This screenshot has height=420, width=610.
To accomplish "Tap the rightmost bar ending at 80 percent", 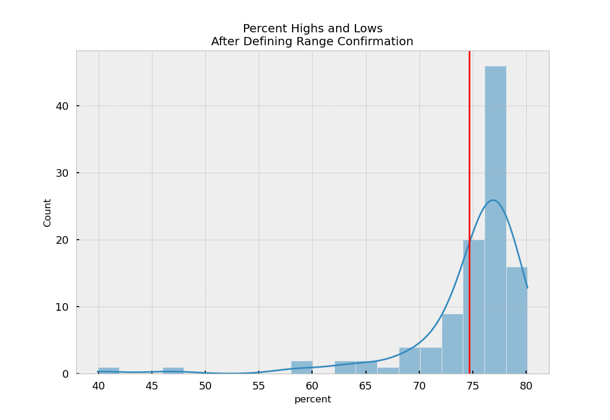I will [x=517, y=320].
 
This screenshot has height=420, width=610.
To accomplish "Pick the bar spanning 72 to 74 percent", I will [x=452, y=344].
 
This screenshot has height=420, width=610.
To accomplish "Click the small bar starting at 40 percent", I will [x=109, y=371].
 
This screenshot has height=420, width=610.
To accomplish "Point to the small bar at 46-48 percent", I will [x=173, y=371].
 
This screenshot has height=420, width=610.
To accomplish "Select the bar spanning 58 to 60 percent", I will [x=301, y=367].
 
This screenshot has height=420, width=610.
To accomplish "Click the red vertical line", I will [x=469, y=147].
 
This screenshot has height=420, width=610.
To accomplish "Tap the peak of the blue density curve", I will [x=493, y=200].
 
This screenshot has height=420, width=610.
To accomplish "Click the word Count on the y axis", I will [x=48, y=212].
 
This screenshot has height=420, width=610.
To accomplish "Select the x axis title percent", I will [x=313, y=399].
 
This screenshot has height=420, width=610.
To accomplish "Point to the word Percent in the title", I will [x=264, y=29].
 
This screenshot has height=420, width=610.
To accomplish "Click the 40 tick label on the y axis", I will [x=62, y=106].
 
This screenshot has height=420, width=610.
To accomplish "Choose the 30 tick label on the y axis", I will [x=62, y=173].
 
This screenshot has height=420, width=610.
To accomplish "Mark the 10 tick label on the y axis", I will [x=62, y=307].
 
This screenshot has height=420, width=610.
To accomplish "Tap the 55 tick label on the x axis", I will [x=259, y=386].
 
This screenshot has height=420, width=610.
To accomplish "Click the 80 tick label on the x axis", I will [x=526, y=386].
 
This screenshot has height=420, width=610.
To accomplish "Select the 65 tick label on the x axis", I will [x=365, y=386].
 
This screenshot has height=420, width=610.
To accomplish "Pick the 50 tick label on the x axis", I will [x=205, y=386].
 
